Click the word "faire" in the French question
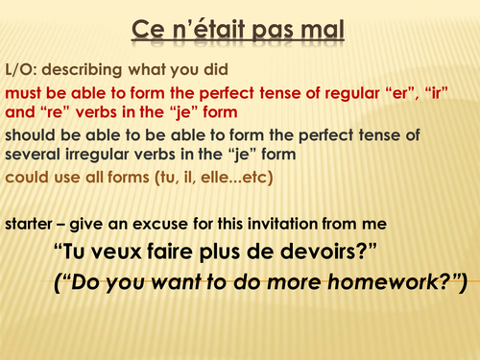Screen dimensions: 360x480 coord(179,252)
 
